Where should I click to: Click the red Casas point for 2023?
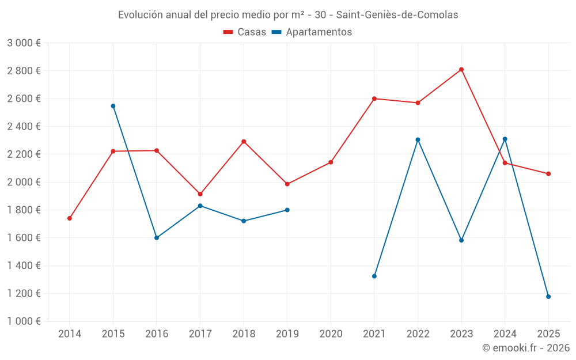point(461,70)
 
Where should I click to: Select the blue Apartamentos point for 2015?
point(113,106)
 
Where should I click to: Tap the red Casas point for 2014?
point(70,218)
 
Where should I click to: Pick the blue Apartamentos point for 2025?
point(548,297)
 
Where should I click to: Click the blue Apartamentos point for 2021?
point(374,276)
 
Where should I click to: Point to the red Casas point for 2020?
point(331,162)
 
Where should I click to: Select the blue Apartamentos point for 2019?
point(287,210)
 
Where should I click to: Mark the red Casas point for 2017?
point(200,194)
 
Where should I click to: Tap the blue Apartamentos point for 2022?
point(418,139)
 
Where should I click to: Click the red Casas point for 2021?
point(374,98)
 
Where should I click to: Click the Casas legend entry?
point(245,32)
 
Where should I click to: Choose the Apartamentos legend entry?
point(312,32)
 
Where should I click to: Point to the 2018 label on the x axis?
point(244,334)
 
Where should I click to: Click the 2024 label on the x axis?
point(505,334)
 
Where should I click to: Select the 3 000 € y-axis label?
point(24,43)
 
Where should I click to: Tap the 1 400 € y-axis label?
point(24,266)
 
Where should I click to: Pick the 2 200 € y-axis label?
point(24,154)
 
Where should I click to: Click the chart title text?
point(288,15)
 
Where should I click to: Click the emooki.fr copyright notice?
point(526,348)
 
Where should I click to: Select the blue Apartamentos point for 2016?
point(157,238)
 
